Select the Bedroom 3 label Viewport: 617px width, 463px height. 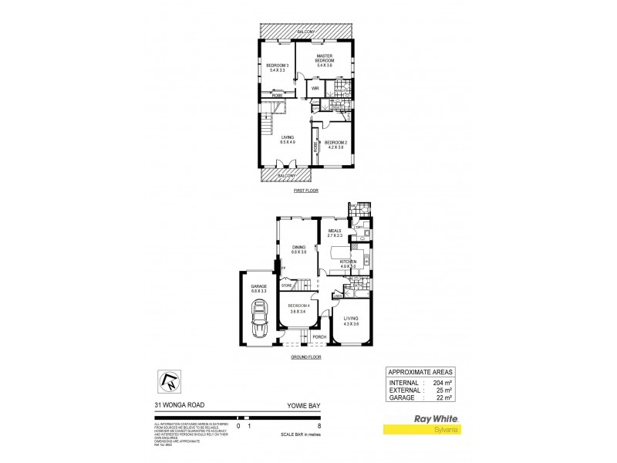pyautogui.click(x=277, y=67)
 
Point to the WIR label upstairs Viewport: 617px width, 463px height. pyautogui.click(x=315, y=89)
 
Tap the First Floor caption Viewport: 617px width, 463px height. pyautogui.click(x=306, y=190)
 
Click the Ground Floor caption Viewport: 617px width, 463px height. pyautogui.click(x=306, y=357)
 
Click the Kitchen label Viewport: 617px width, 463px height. pyautogui.click(x=348, y=264)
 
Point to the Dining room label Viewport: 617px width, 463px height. pyautogui.click(x=299, y=248)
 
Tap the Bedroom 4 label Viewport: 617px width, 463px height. pyautogui.click(x=298, y=309)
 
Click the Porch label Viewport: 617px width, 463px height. pyautogui.click(x=318, y=337)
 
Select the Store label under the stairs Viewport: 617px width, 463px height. pyautogui.click(x=286, y=286)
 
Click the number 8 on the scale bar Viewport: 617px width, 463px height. pyautogui.click(x=319, y=425)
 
